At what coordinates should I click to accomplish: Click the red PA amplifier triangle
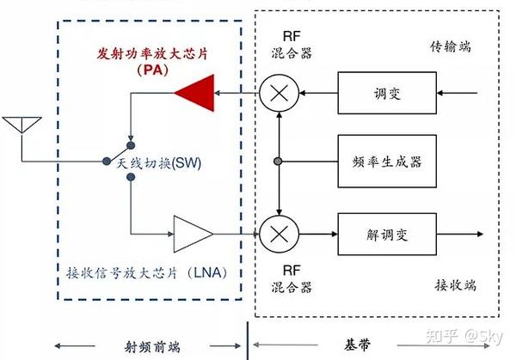195,93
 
